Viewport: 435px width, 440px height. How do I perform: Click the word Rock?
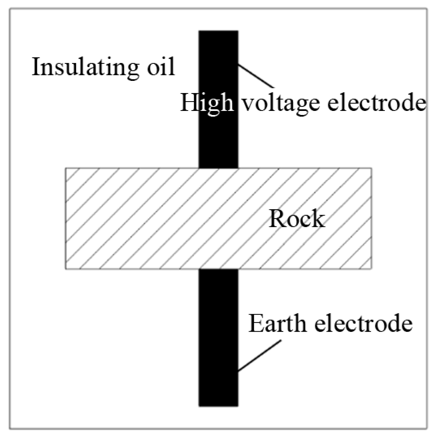coord(297,219)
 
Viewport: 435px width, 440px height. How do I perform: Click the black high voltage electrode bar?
coord(218,134)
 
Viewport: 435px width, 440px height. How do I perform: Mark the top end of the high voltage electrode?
coord(218,32)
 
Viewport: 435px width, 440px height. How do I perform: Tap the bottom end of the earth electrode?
coord(218,405)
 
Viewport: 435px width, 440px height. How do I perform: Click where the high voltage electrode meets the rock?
coord(218,168)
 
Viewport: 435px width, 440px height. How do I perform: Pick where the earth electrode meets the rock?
coord(218,269)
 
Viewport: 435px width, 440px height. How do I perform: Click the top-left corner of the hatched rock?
coord(66,168)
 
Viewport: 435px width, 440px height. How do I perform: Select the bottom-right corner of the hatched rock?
coord(371,268)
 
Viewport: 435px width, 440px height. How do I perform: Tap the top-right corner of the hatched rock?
coord(371,168)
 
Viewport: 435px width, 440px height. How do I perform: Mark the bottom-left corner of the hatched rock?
coord(66,268)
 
